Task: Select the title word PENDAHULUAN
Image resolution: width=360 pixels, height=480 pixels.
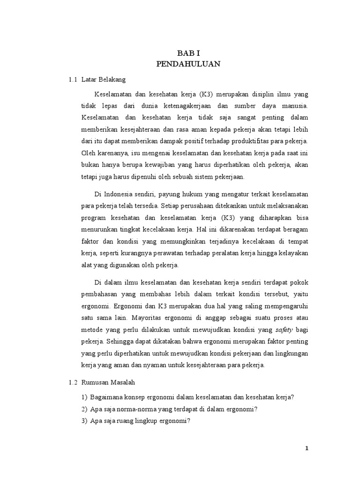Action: click(x=188, y=65)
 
